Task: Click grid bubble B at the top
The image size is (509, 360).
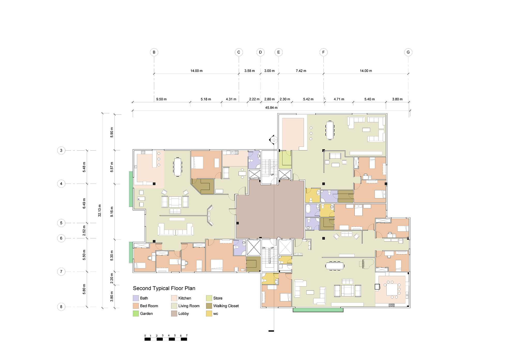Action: click(x=154, y=52)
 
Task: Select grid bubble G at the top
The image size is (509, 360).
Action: click(x=408, y=52)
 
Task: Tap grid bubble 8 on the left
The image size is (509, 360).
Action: click(x=61, y=307)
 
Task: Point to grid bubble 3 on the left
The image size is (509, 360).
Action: click(x=61, y=150)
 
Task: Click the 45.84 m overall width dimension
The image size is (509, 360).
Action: click(x=271, y=108)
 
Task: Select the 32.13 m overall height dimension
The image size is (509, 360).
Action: click(x=100, y=211)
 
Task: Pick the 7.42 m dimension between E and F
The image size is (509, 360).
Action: click(x=301, y=71)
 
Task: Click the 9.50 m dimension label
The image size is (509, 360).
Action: click(x=161, y=99)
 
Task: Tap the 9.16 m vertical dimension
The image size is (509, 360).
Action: click(x=112, y=212)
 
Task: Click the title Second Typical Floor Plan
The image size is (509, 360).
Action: click(x=164, y=288)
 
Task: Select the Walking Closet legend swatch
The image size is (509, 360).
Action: click(x=209, y=306)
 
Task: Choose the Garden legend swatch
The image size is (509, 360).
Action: click(x=136, y=314)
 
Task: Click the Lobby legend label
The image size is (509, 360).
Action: click(x=184, y=314)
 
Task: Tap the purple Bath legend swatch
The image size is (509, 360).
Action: click(x=136, y=298)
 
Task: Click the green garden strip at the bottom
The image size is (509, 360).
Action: click(x=318, y=310)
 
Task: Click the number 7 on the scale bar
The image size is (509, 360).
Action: click(x=187, y=335)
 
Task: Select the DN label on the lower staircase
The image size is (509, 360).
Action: click(x=264, y=248)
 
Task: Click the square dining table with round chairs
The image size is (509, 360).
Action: click(x=392, y=290)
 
